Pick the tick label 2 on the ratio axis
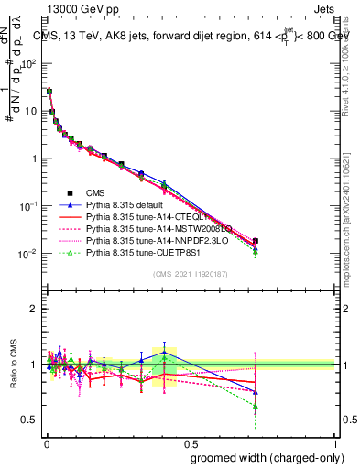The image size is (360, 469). point(34,309)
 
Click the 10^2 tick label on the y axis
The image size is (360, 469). point(28,63)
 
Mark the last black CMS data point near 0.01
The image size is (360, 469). point(255,241)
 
